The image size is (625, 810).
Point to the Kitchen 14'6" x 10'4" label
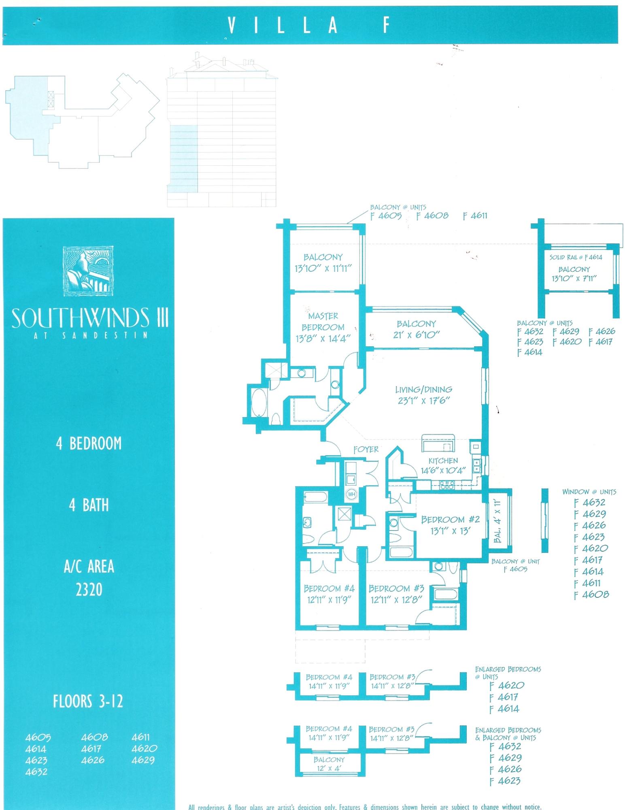(443, 465)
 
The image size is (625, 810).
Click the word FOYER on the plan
(366, 449)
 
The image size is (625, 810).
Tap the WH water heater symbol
(351, 495)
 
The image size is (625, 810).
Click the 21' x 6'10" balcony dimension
(416, 335)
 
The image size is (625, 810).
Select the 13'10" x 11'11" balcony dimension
(323, 268)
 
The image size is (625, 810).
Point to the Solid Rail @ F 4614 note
(576, 257)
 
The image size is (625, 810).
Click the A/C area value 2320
(89, 590)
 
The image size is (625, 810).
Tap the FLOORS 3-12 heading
(88, 701)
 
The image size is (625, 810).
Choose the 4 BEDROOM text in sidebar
(89, 443)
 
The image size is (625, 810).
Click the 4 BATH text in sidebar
(89, 505)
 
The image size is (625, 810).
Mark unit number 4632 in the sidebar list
(36, 772)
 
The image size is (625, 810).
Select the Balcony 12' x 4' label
(329, 763)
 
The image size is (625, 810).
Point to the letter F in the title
(386, 26)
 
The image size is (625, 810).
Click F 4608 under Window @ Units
(591, 595)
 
